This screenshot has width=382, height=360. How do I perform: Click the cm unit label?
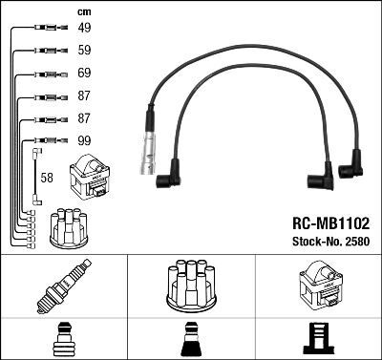point(83,11)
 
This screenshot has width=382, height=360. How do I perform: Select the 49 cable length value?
point(84,28)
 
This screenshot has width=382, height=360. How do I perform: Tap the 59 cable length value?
point(84,51)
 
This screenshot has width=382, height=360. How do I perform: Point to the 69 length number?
point(84,74)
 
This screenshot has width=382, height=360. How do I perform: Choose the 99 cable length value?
point(84,141)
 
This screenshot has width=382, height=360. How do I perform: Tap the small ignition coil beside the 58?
point(95,178)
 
